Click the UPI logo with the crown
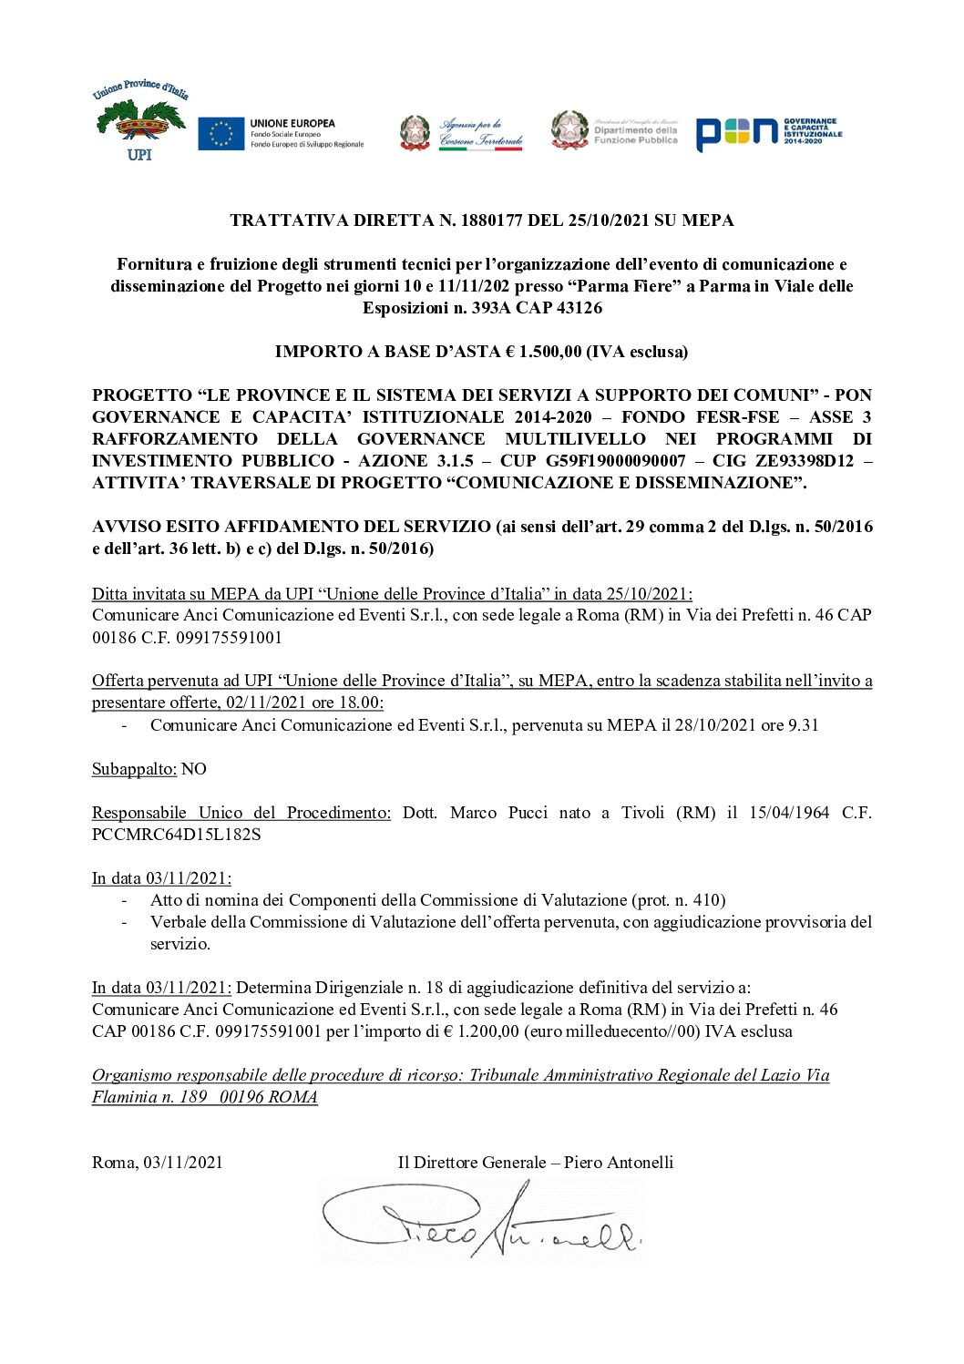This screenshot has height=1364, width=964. pyautogui.click(x=139, y=121)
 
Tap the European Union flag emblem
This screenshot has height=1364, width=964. pyautogui.click(x=220, y=133)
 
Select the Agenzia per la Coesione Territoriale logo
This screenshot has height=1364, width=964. pyautogui.click(x=462, y=133)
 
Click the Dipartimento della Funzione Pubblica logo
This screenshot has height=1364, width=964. pyautogui.click(x=614, y=130)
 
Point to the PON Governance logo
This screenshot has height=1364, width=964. pyautogui.click(x=768, y=133)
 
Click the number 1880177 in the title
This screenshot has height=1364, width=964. pyautogui.click(x=496, y=220)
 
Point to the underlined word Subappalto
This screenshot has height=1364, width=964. pyautogui.click(x=134, y=769)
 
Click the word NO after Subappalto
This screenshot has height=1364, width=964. pyautogui.click(x=194, y=769)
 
